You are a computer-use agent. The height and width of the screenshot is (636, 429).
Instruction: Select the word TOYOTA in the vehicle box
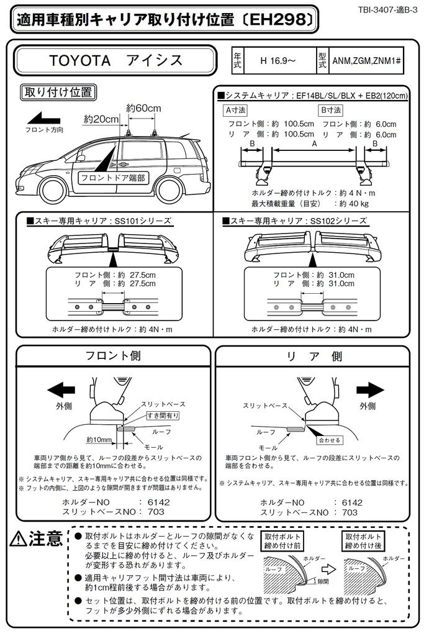pos(80,60)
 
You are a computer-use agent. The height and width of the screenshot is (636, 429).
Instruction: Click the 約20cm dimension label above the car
pos(101,119)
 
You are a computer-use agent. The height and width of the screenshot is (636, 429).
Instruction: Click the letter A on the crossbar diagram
pos(313,144)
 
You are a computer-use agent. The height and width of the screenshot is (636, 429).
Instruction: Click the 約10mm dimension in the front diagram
pos(99,440)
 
